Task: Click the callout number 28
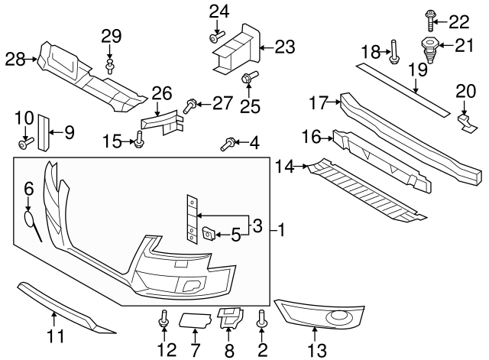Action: coord(15,57)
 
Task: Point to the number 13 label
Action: coord(316,351)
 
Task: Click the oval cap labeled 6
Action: coord(29,219)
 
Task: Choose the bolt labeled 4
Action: coord(227,142)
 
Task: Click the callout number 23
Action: coord(283,47)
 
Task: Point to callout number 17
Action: coord(319,102)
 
